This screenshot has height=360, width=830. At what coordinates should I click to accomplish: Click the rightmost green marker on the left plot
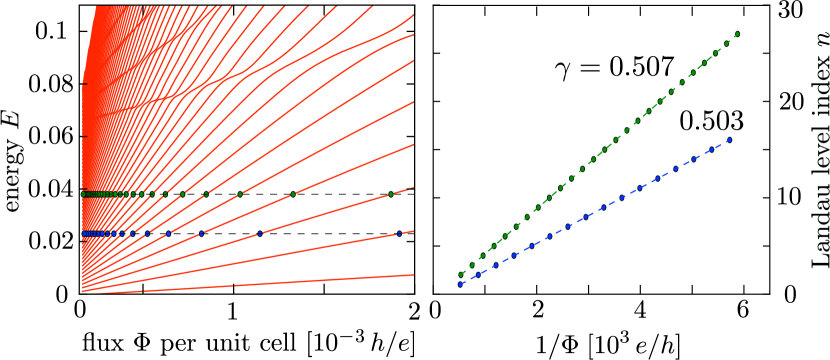tap(390, 194)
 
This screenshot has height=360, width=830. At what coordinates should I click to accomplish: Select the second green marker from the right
tap(292, 194)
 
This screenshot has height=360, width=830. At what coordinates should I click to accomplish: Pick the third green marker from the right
tap(240, 194)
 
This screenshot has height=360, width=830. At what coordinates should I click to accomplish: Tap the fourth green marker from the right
tap(206, 194)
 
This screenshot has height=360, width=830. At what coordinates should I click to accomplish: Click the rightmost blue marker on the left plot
tap(399, 233)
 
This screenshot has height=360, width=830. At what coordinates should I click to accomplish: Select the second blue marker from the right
tap(259, 233)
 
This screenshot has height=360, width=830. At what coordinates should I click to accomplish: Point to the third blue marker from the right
tap(200, 233)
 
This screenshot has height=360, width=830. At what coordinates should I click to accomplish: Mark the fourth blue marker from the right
tap(168, 233)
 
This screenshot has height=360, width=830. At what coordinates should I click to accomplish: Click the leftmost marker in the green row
tap(83, 194)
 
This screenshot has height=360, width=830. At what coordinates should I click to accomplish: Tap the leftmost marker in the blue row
tap(83, 233)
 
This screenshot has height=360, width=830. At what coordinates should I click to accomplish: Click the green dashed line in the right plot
tap(600, 153)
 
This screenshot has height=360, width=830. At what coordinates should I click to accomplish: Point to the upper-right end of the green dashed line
tap(738, 33)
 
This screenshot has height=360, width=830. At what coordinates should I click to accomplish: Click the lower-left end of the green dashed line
tap(460, 275)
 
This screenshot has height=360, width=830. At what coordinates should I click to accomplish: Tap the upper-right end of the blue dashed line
tap(731, 139)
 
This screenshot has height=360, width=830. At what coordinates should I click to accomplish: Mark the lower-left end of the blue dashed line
tap(460, 285)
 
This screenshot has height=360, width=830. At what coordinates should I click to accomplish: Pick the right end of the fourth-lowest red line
tap(413, 144)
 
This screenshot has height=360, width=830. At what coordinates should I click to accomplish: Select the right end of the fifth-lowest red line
tap(413, 101)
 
